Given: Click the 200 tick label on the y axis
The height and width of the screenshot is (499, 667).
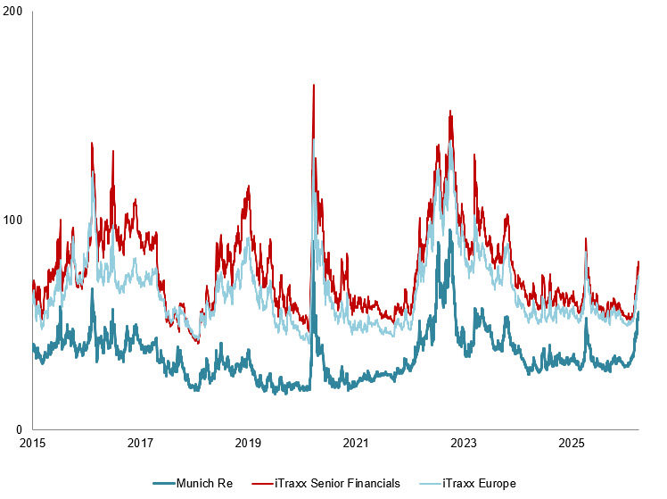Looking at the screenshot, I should click(x=15, y=12).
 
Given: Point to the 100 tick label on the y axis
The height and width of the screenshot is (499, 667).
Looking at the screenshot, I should click(x=15, y=220).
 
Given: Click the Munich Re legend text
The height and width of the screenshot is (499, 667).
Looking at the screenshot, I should click(x=210, y=483).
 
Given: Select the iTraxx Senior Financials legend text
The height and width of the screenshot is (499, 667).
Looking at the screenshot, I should click(x=338, y=483).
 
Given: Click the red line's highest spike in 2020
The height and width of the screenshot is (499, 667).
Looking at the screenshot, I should click(x=313, y=85).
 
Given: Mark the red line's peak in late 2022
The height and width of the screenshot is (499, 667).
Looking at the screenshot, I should click(x=450, y=112).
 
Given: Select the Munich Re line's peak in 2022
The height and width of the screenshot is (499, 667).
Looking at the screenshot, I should click(x=450, y=230).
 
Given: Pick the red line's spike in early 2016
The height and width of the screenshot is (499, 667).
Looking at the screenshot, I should click(x=92, y=143).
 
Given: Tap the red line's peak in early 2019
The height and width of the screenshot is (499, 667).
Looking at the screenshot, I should click(x=248, y=186).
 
